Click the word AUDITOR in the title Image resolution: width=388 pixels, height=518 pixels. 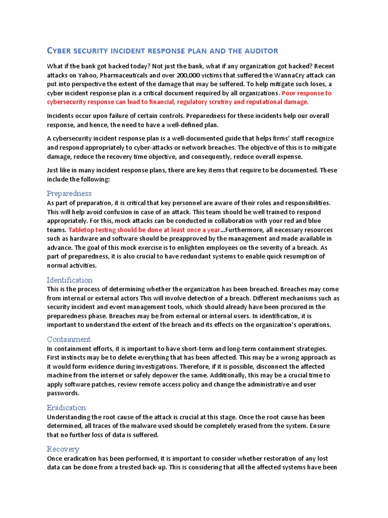tap(256, 51)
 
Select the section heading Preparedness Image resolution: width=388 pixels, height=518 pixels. tap(69, 193)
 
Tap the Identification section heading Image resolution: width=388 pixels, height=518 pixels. tap(70, 280)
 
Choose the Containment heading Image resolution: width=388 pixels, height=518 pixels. tap(69, 339)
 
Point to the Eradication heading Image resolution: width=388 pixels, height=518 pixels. tap(66, 407)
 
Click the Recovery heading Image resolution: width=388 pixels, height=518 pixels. tap(63, 449)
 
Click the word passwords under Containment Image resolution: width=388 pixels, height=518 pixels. tap(63, 393)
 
